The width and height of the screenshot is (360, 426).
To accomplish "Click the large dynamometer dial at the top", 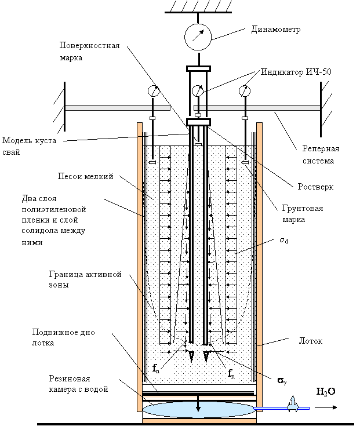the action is tap(198, 37).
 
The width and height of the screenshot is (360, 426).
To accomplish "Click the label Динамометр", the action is tap(276, 29).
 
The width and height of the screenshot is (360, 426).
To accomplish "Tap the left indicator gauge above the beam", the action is tap(154, 91).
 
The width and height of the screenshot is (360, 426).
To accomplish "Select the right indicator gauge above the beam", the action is tap(245, 91).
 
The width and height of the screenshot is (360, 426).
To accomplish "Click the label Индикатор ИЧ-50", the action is tap(296, 72).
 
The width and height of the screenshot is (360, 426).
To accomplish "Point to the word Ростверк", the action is tap(315, 187).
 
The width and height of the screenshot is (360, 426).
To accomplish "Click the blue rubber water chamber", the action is tap(199, 409).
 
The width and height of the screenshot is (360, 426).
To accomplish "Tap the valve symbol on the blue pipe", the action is tap(293, 405).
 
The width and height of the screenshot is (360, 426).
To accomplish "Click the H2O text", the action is tap(326, 391).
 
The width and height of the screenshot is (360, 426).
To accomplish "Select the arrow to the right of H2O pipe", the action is tap(326, 407).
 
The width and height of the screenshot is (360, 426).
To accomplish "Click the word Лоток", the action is tap(311, 341).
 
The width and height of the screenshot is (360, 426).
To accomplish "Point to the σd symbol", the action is tap(284, 240).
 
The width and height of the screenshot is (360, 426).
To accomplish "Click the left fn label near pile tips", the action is tap(156, 369).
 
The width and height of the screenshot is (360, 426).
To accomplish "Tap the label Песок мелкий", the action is tap(85, 176).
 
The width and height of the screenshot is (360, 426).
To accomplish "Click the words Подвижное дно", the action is tap(64, 333).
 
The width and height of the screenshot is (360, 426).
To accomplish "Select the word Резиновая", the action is tap(70, 378).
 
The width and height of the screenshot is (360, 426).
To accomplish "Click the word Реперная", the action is tap(321, 148).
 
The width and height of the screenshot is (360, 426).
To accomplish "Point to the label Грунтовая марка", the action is tap(303, 214).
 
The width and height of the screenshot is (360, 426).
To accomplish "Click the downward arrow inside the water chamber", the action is tap(198, 403).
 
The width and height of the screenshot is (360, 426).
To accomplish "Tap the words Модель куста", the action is tap(30, 141).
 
